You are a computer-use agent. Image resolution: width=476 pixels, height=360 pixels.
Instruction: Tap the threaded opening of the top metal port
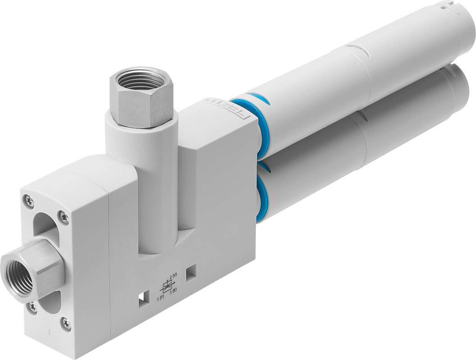coord(140,80)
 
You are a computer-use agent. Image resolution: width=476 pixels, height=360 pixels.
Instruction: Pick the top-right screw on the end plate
coord(64,218)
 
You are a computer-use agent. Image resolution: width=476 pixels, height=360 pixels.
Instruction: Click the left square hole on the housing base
coord(144,300)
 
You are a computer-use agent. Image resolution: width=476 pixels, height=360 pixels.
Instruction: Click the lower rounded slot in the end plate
coord(50,301)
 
